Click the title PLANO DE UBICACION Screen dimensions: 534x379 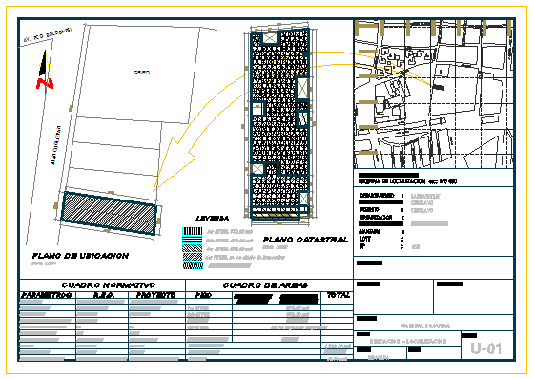pos(80,256)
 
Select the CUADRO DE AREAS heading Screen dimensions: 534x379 pos(266,284)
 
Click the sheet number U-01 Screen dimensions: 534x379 pos(485,349)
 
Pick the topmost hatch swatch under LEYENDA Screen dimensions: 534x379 pos(192,230)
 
